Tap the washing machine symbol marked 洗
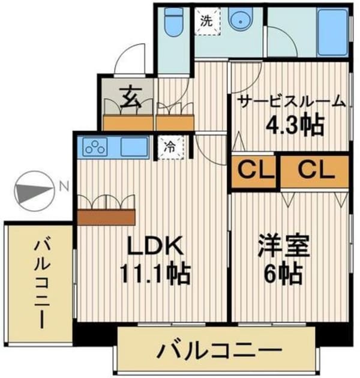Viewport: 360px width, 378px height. coord(206,22)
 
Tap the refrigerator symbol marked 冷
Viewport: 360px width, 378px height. coord(170,146)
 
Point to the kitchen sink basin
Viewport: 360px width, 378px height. coord(134,146)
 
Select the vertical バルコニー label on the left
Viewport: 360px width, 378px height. coord(41,282)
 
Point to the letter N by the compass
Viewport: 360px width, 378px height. coord(63,187)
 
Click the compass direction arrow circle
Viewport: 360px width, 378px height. coord(29,191)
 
